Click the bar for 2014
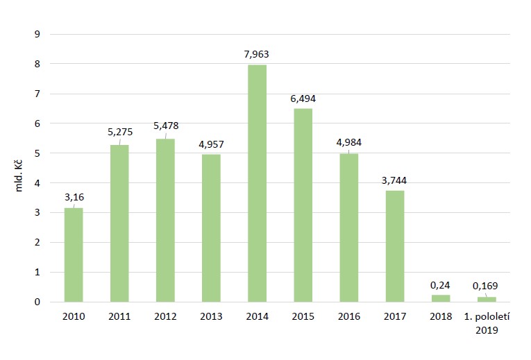tap(257, 183)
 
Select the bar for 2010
tap(74, 255)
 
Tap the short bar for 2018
tap(441, 298)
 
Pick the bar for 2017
tap(395, 246)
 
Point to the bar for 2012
tap(165, 221)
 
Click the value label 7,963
tap(257, 54)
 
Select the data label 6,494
tap(303, 98)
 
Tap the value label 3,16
tap(74, 197)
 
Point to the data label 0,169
tap(486, 285)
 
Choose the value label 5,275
tap(119, 133)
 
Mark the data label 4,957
tap(211, 144)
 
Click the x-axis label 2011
tap(119, 317)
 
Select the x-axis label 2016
tap(349, 317)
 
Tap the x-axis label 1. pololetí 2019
tap(486, 323)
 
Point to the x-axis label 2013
tap(211, 317)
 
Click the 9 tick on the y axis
tap(39, 34)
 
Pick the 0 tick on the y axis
tap(39, 302)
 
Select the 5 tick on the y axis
tap(39, 153)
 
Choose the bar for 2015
tap(303, 205)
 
